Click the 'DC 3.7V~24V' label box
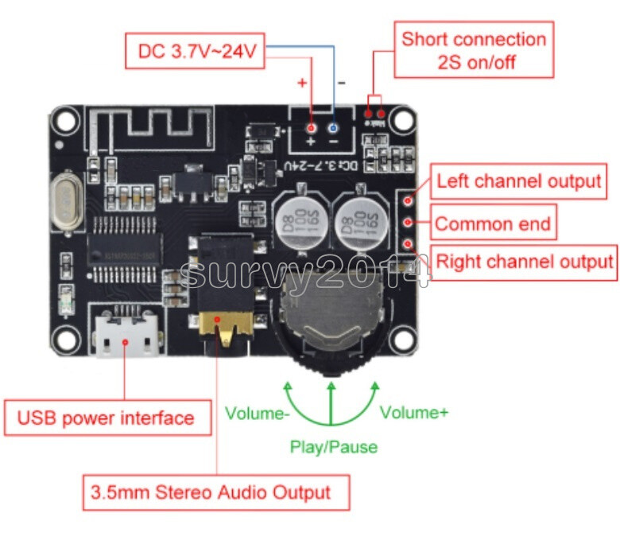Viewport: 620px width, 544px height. (x=196, y=52)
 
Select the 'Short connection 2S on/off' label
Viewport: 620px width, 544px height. (x=474, y=50)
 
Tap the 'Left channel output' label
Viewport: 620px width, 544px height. (x=518, y=181)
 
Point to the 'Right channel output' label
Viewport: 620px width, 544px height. (x=524, y=261)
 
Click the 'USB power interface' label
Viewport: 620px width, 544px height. (x=107, y=417)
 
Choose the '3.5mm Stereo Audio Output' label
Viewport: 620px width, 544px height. (x=217, y=492)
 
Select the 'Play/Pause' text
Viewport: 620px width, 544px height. (x=333, y=447)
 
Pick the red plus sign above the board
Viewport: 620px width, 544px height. (x=303, y=83)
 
